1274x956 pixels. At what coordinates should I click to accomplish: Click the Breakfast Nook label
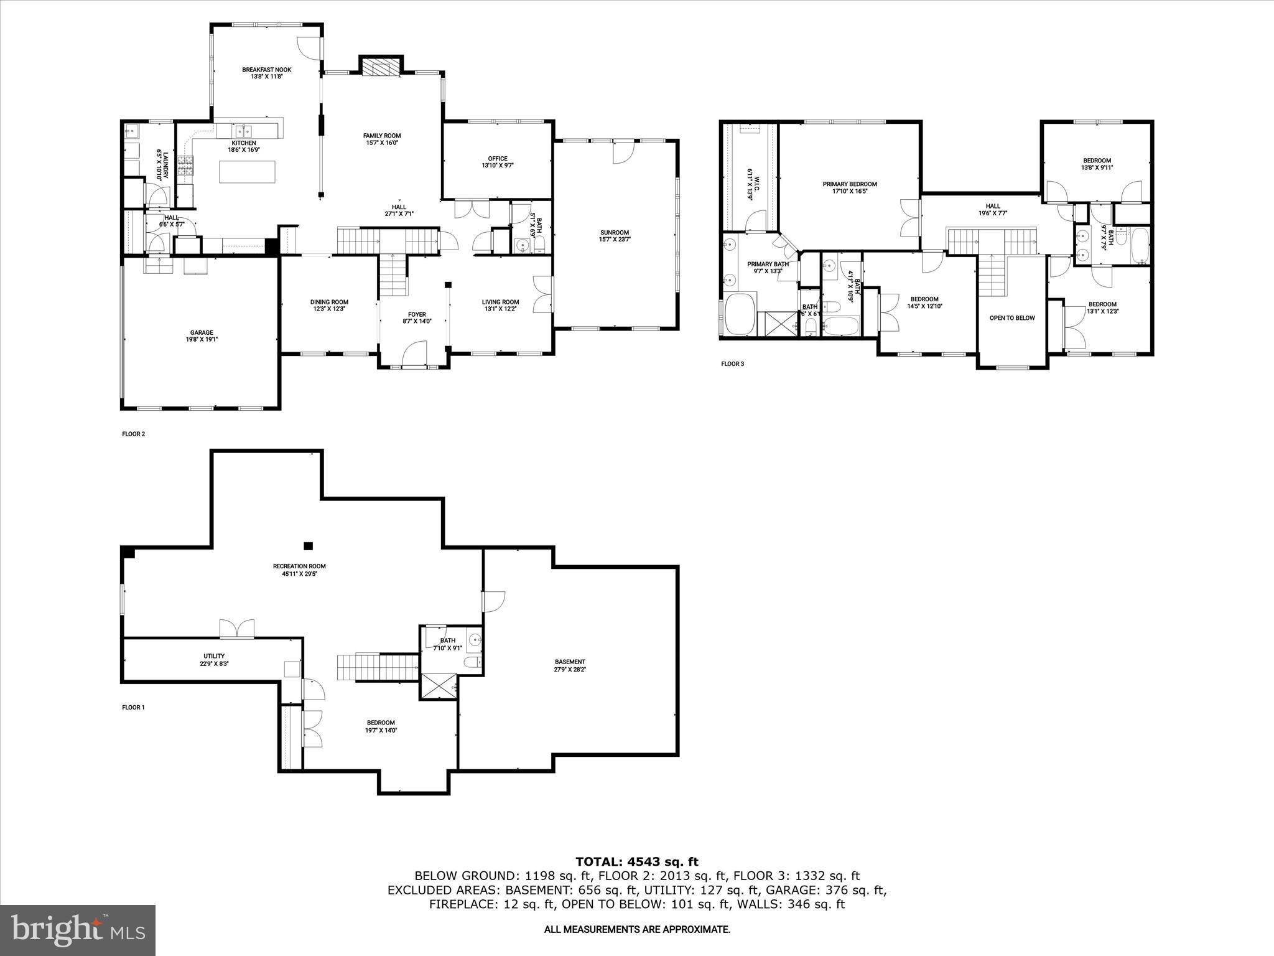[x=266, y=70]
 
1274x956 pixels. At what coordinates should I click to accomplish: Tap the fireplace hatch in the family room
[x=380, y=67]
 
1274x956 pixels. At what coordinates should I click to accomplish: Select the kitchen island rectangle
[x=247, y=172]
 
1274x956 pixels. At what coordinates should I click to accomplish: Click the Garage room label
[x=202, y=332]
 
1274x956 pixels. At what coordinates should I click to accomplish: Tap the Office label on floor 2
[x=497, y=159]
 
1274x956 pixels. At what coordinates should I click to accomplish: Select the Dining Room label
[x=329, y=302]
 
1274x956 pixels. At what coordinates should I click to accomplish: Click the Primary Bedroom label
[x=849, y=184]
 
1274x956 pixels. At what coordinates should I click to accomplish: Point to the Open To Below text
[x=1011, y=318]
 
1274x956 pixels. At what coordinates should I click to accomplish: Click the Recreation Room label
[x=299, y=566]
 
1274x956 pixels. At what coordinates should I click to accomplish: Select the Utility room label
[x=214, y=656]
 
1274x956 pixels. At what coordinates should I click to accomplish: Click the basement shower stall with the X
[x=439, y=687]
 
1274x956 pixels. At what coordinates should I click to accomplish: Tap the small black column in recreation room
[x=308, y=546]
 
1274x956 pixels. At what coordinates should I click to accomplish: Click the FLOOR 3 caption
[x=732, y=364]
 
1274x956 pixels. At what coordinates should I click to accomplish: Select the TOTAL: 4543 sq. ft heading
[x=636, y=862]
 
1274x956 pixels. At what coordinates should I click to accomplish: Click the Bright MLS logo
[x=78, y=930]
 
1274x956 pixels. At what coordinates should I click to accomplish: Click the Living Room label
[x=500, y=302]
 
